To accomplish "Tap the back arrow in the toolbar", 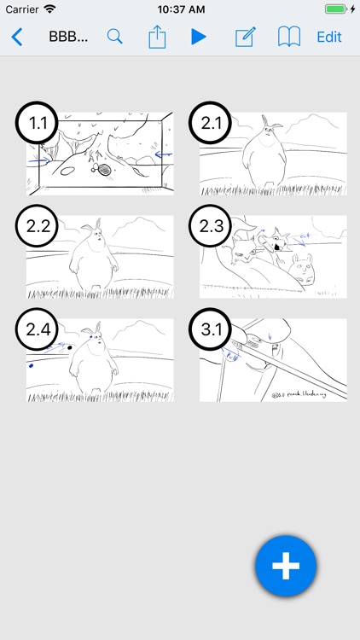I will click(17, 37).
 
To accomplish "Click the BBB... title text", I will click(69, 37).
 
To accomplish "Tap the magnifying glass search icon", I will click(114, 37).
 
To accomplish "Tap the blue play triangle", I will click(199, 37).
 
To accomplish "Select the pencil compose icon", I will click(245, 37).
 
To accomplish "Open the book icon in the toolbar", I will click(289, 37).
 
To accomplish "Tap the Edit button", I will click(329, 37).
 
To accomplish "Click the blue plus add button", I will click(286, 566).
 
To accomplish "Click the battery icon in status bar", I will click(339, 9).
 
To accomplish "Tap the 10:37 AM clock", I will click(180, 9).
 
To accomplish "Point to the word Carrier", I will click(21, 9).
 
